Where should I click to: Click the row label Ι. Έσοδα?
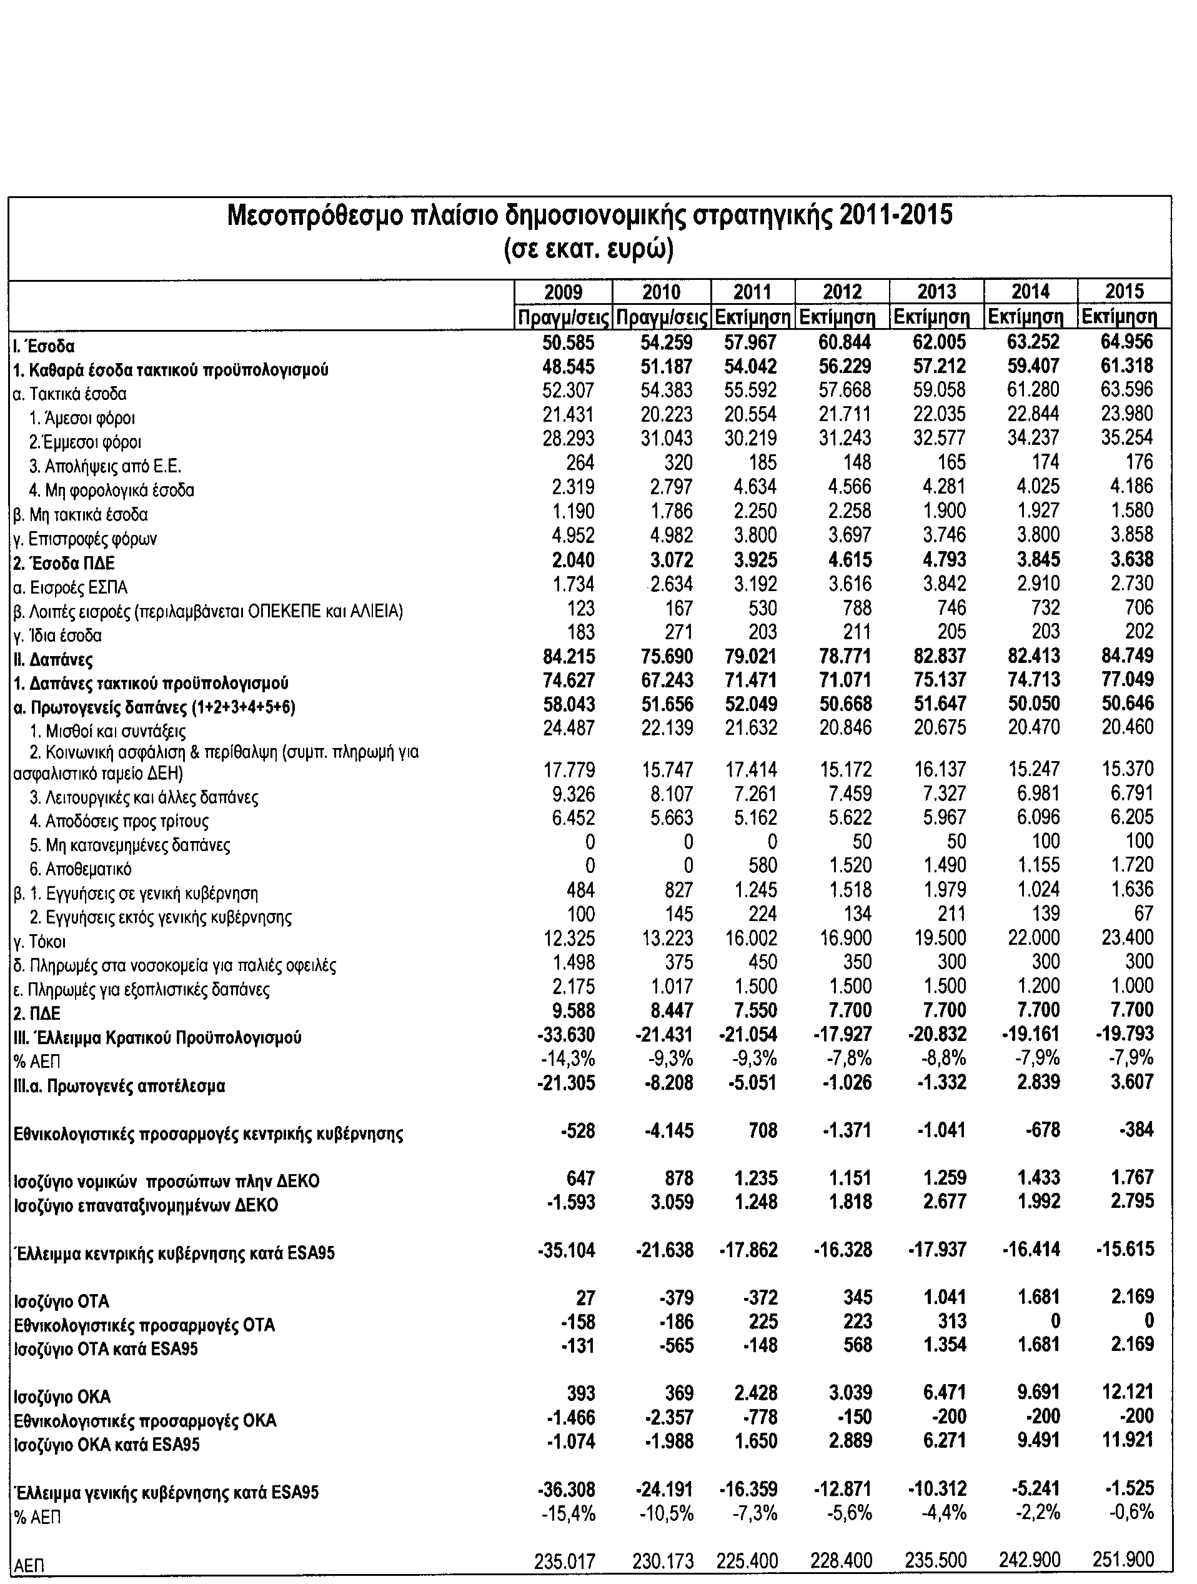click(44, 347)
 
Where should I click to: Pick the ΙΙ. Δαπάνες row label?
click(53, 659)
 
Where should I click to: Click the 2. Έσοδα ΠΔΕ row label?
click(64, 564)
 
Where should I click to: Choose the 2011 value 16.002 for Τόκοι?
click(750, 938)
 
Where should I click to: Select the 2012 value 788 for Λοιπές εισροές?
click(857, 608)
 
